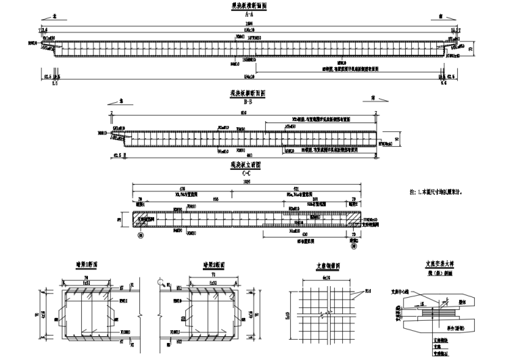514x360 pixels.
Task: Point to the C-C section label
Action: coord(248,173)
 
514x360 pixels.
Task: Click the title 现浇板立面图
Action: coord(248,164)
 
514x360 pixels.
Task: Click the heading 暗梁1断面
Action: coord(88,265)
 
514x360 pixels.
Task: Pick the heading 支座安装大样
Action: coord(438,265)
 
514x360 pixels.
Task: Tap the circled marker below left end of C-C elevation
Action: coord(140,235)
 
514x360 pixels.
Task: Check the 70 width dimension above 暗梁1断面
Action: coord(87,277)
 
